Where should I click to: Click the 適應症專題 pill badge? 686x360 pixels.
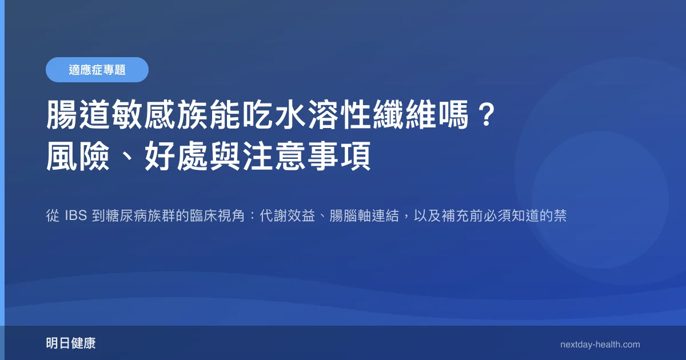pyautogui.click(x=97, y=70)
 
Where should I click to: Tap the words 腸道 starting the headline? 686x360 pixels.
pyautogui.click(x=79, y=115)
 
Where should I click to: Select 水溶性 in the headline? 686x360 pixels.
pyautogui.click(x=324, y=115)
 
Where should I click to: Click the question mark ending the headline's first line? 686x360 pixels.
pyautogui.click(x=487, y=115)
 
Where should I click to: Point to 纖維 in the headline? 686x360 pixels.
pyautogui.click(x=405, y=115)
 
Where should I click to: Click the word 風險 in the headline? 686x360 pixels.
pyautogui.click(x=78, y=157)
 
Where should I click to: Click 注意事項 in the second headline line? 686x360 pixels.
pyautogui.click(x=307, y=157)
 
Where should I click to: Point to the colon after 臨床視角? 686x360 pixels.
pyautogui.click(x=252, y=215)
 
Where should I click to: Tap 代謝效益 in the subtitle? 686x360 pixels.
pyautogui.click(x=287, y=215)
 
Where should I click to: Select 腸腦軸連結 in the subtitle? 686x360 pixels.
pyautogui.click(x=364, y=215)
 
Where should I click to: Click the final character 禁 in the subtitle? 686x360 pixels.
pyautogui.click(x=560, y=215)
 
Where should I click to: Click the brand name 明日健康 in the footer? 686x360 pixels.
pyautogui.click(x=71, y=343)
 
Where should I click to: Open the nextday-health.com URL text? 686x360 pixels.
pyautogui.click(x=600, y=345)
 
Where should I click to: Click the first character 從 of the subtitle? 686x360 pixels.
pyautogui.click(x=53, y=215)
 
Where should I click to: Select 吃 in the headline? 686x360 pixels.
pyautogui.click(x=258, y=115)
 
